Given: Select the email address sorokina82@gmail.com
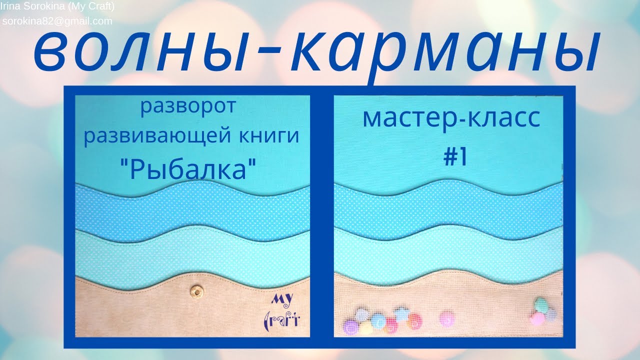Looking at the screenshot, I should click(x=57, y=21).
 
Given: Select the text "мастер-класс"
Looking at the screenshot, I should click(x=451, y=118).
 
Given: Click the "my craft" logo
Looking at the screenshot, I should click(x=282, y=310).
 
